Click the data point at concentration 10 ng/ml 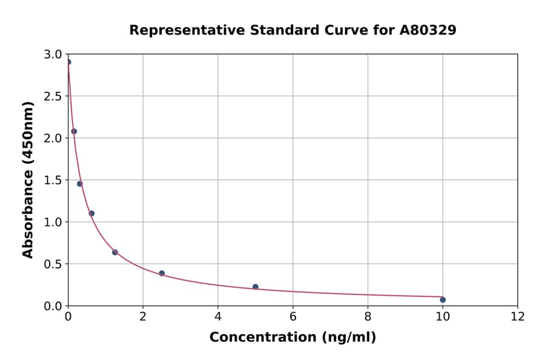pyautogui.click(x=443, y=300)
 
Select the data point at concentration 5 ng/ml pyautogui.click(x=256, y=287)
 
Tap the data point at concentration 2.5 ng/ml pyautogui.click(x=162, y=273)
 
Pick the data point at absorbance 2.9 pyautogui.click(x=68, y=62)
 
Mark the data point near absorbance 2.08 pyautogui.click(x=74, y=131)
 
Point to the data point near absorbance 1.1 pyautogui.click(x=91, y=213)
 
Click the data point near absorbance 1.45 pyautogui.click(x=79, y=184)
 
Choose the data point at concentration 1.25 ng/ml pyautogui.click(x=114, y=252)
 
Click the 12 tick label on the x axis pyautogui.click(x=518, y=316)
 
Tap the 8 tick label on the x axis pyautogui.click(x=368, y=316)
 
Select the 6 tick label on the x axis pyautogui.click(x=292, y=316)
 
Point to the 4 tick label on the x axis pyautogui.click(x=218, y=316)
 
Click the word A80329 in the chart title pyautogui.click(x=428, y=30)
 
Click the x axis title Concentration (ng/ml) pyautogui.click(x=292, y=338)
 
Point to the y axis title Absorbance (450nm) pyautogui.click(x=28, y=179)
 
